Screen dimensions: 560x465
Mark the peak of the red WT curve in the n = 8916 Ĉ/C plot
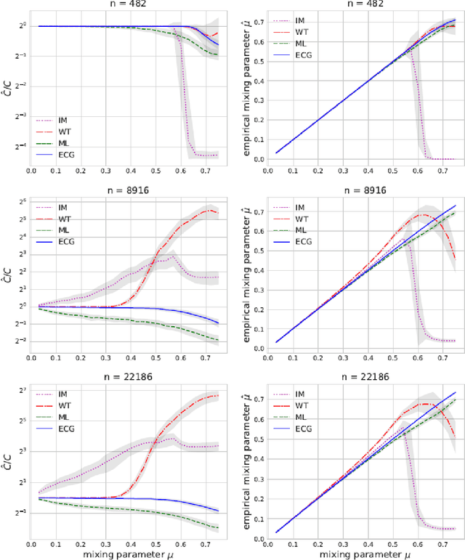[209, 211]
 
